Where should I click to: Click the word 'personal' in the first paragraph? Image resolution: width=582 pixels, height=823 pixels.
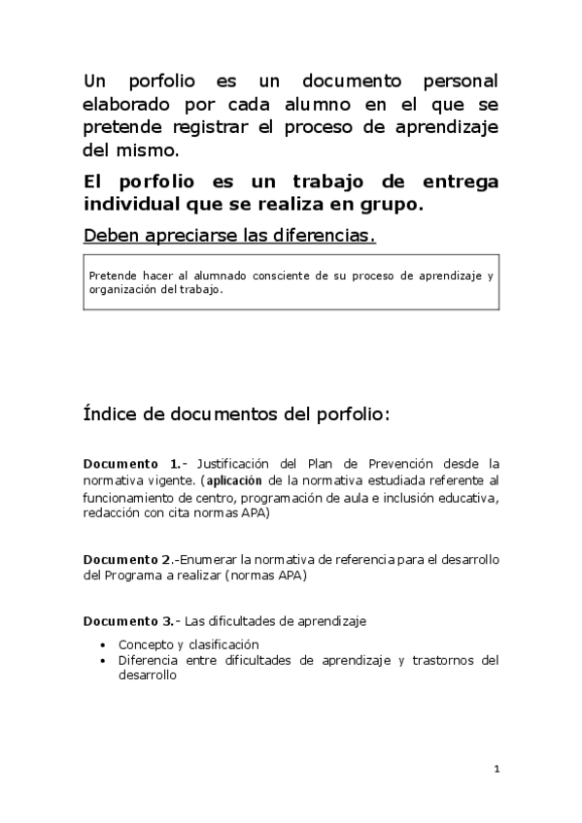pyautogui.click(x=460, y=80)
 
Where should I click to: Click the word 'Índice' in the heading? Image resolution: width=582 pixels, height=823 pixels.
pyautogui.click(x=109, y=414)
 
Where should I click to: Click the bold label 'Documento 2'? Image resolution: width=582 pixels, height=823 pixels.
pyautogui.click(x=127, y=560)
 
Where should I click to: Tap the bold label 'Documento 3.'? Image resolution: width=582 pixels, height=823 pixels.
pyautogui.click(x=129, y=621)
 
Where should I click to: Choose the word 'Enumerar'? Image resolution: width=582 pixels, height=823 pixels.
pyautogui.click(x=208, y=560)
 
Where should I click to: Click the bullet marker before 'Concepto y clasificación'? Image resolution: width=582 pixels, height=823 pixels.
pyautogui.click(x=105, y=643)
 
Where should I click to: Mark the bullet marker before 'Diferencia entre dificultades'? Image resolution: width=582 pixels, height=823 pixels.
pyautogui.click(x=105, y=661)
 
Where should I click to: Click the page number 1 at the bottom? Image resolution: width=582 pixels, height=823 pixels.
pyautogui.click(x=496, y=770)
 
